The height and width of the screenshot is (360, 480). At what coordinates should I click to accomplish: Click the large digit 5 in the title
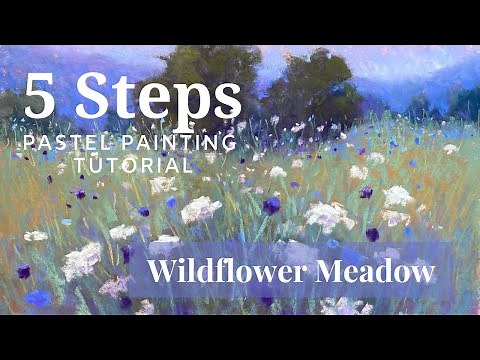tap(41, 97)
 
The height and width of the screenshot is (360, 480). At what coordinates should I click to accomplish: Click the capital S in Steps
tap(97, 97)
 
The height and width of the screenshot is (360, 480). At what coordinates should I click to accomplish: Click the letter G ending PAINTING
tap(231, 142)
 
